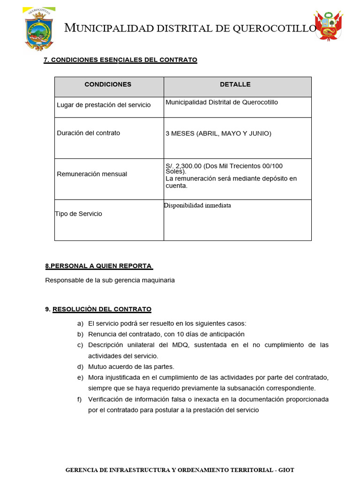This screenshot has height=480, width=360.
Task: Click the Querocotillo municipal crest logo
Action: point(39,29)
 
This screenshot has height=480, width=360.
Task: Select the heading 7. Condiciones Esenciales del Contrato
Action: point(120,60)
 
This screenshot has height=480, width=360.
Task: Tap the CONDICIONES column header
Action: point(108,84)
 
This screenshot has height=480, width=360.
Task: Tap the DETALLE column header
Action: point(235,84)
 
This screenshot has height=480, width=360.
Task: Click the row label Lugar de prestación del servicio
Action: point(104,105)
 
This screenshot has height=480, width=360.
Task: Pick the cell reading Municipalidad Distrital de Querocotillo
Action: point(222,102)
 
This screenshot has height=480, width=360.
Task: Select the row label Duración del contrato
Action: point(88,133)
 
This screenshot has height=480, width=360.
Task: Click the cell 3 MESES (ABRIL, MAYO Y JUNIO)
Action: point(218,134)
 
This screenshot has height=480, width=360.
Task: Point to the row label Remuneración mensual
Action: point(92,174)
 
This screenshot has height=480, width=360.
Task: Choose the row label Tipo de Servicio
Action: point(78,214)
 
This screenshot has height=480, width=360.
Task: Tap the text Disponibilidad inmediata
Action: point(197,205)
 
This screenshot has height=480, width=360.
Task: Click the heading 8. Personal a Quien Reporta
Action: point(98,266)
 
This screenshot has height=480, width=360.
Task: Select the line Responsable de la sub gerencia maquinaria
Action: point(110,280)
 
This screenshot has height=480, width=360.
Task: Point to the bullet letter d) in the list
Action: point(80,367)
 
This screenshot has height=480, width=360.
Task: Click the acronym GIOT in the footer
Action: point(286,470)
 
